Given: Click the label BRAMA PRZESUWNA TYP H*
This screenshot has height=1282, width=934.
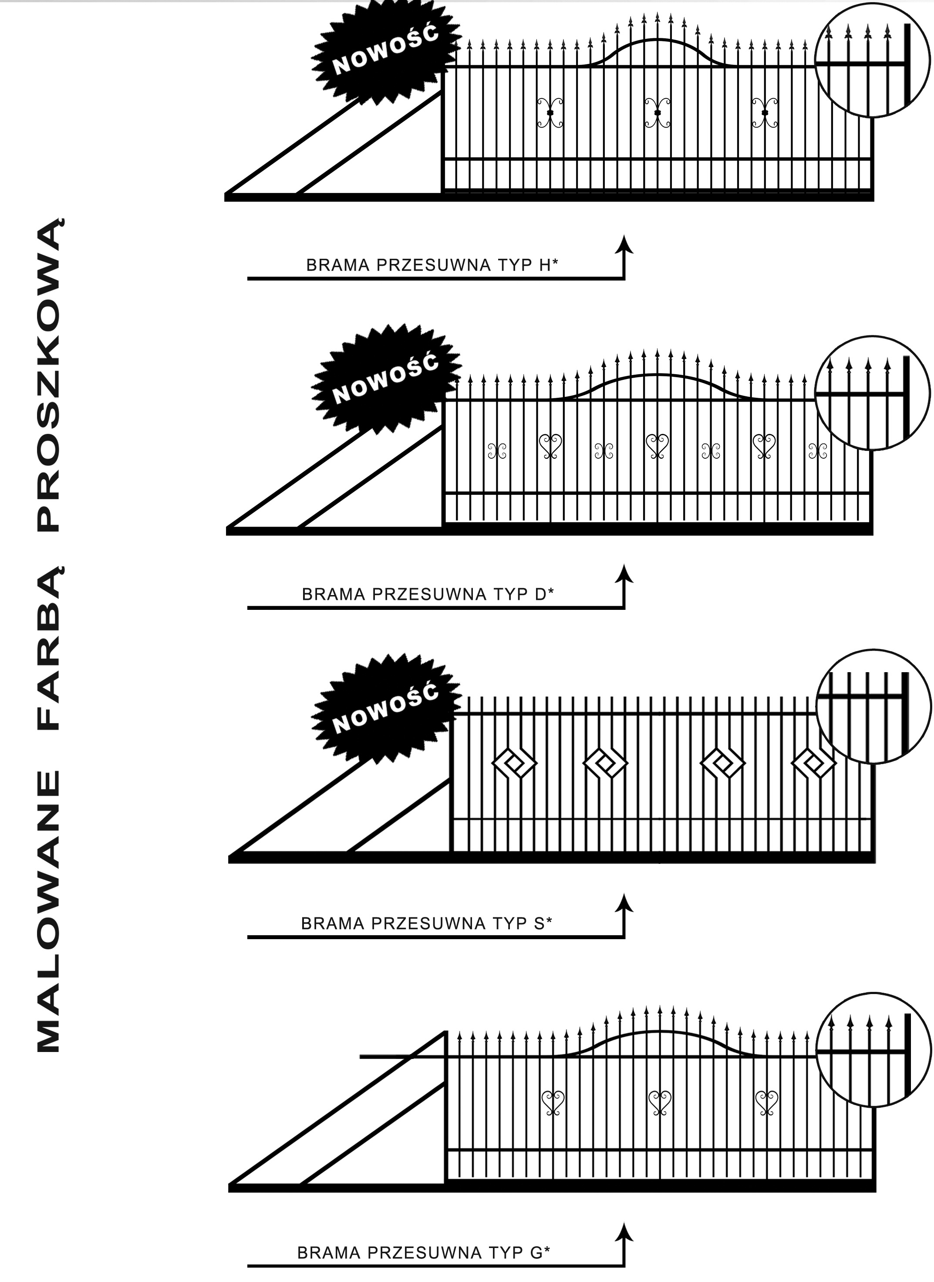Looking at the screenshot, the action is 432,265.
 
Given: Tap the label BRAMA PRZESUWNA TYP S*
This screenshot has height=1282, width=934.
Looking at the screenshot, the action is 426,923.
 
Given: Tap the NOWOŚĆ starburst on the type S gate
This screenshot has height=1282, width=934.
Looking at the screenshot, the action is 386,709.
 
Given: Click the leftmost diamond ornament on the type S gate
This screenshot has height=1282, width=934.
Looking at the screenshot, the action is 515,764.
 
